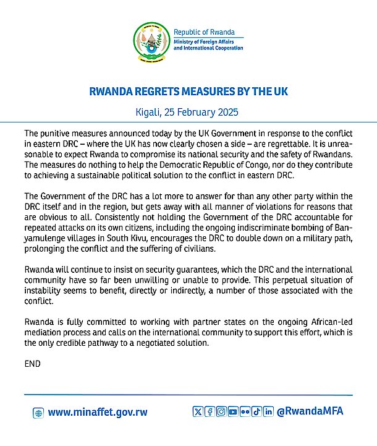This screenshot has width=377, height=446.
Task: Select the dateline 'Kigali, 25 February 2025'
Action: (188, 113)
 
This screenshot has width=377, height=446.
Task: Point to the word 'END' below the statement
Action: (32, 364)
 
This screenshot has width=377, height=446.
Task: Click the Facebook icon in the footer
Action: (210, 412)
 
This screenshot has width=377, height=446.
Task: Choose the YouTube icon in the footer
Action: (233, 412)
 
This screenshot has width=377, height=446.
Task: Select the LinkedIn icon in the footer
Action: (268, 412)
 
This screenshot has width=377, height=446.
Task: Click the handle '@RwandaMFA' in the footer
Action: (311, 412)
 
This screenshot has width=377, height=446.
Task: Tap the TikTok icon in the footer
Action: (256, 412)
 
